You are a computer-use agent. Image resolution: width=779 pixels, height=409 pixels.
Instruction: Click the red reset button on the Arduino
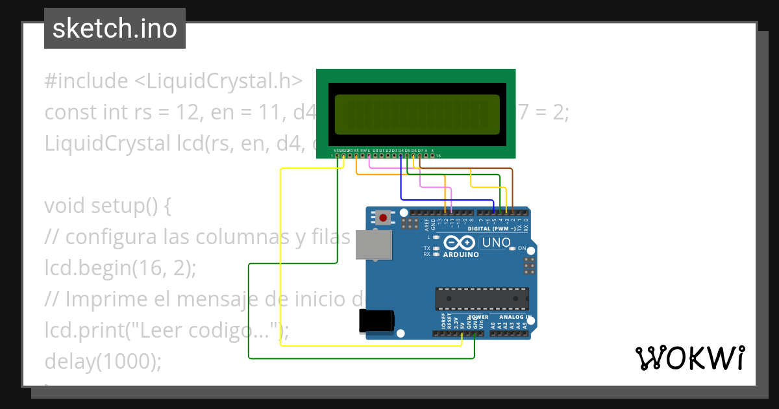point(384,218)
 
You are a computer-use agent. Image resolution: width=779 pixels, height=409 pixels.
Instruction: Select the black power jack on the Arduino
point(376,320)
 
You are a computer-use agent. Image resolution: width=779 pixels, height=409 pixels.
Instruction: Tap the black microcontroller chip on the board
point(482,299)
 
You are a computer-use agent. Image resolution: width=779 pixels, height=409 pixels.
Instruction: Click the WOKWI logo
point(689,358)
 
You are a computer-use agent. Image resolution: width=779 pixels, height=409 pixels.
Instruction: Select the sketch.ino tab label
point(115,29)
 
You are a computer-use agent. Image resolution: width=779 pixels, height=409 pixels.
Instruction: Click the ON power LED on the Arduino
point(512,249)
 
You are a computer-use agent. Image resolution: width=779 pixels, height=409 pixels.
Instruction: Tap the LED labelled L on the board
point(437,238)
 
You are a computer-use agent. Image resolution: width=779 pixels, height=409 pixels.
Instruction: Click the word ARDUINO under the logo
point(461,254)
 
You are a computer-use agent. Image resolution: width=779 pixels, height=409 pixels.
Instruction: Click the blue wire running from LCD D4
point(401,182)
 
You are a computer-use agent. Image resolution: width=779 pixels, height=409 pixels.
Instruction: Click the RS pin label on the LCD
point(356,150)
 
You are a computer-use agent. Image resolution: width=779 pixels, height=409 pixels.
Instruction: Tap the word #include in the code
point(86,81)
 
